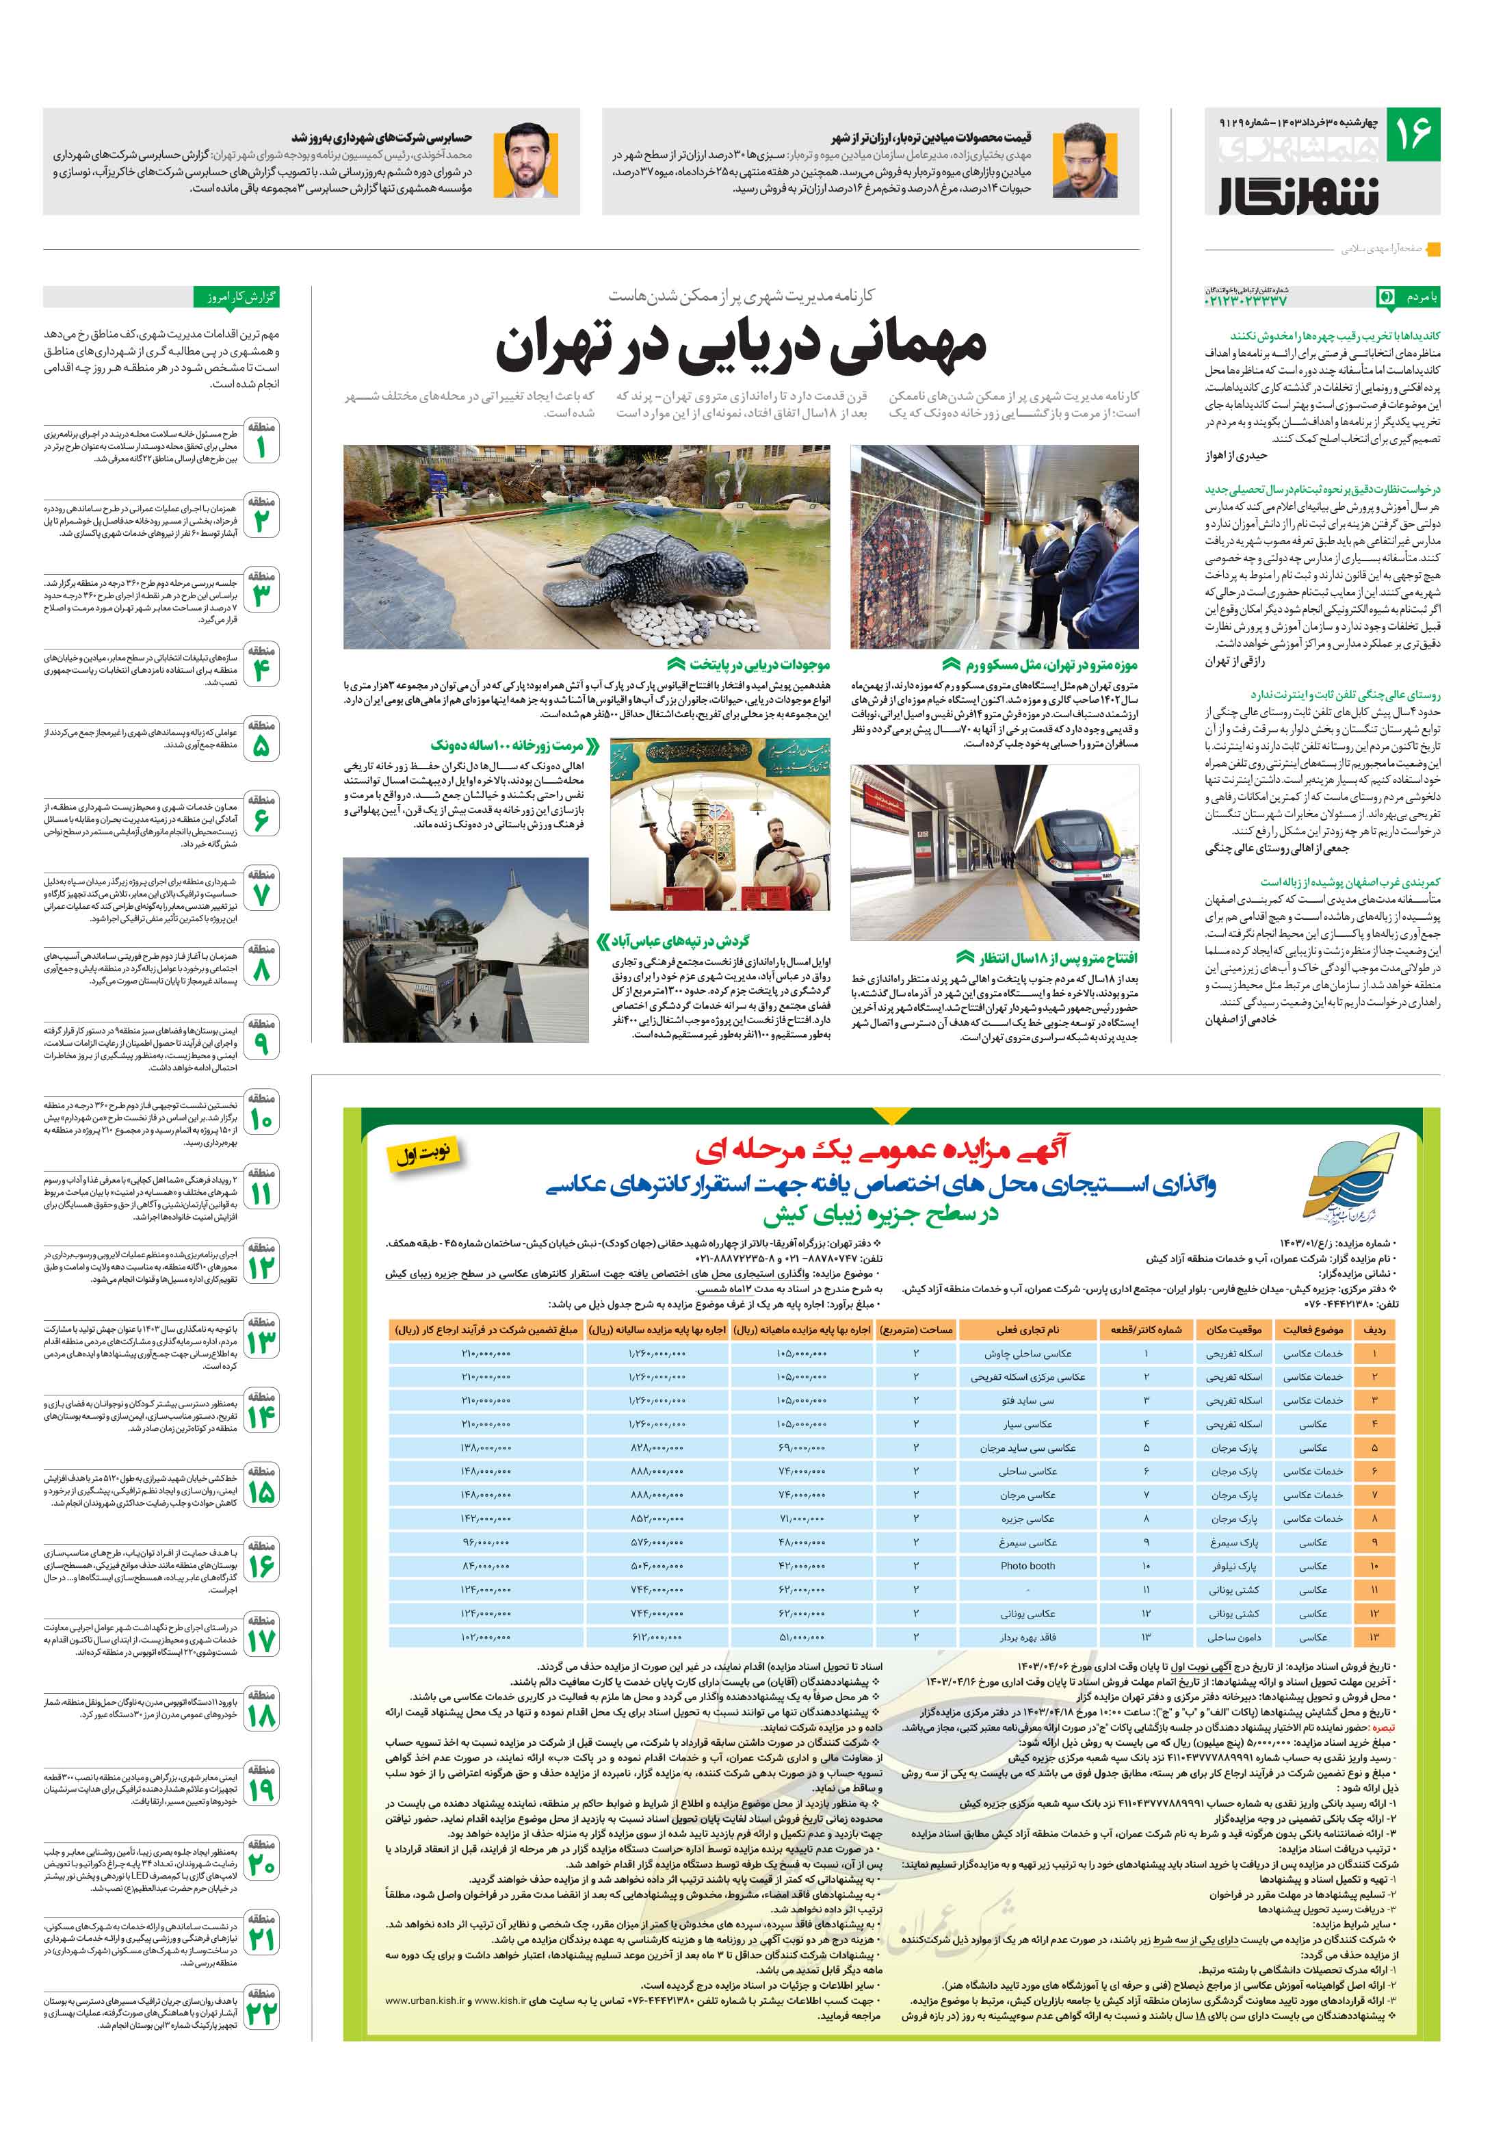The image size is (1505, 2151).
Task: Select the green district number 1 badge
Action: tap(261, 441)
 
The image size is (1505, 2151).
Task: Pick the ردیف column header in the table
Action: tap(1374, 1329)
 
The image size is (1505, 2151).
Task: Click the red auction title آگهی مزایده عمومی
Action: tap(880, 1148)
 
